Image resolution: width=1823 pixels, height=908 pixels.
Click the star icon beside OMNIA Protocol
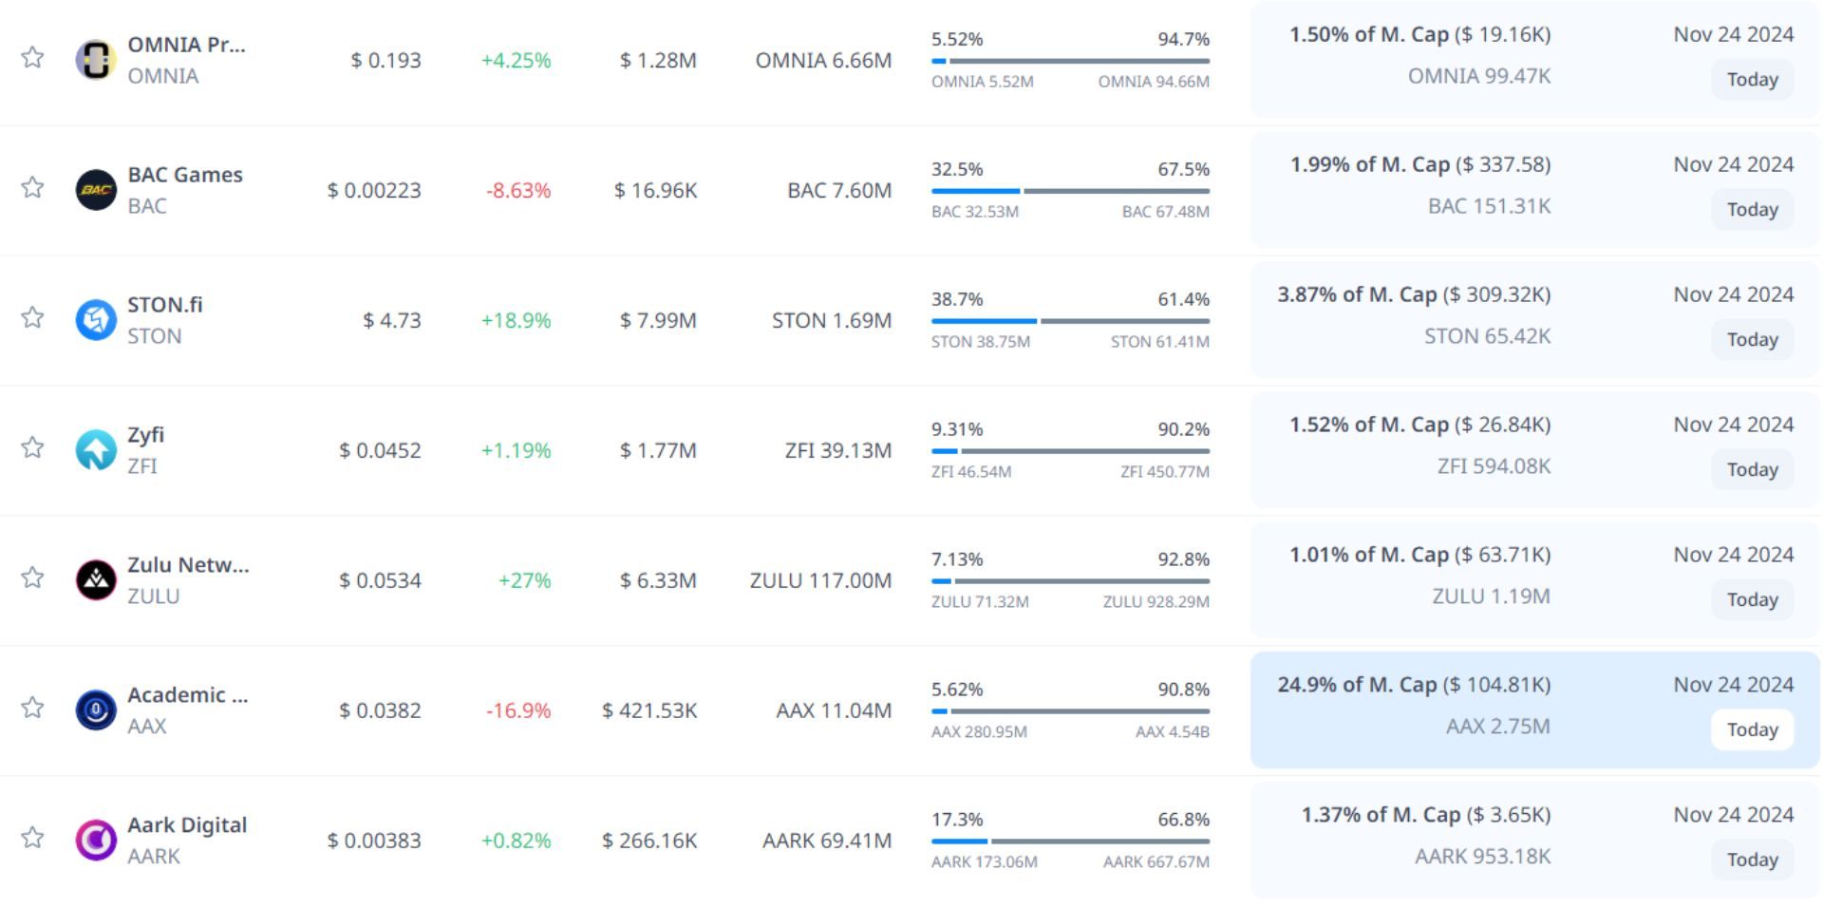pos(32,58)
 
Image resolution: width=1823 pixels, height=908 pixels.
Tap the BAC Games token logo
pos(96,189)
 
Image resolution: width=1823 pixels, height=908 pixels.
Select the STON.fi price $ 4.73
pos(391,321)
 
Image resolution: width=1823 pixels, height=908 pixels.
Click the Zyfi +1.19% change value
pos(516,450)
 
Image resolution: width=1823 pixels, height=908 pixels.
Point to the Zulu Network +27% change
pos(524,580)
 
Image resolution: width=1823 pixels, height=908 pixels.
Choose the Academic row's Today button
pos(1752,729)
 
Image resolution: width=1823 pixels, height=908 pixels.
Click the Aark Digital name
pos(187,824)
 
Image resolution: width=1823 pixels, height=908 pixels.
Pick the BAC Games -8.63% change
pos(518,190)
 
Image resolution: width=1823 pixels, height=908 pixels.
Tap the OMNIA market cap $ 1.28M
pos(658,61)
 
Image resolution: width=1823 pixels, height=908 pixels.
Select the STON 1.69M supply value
pos(832,321)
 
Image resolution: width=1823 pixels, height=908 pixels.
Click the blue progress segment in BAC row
pos(975,191)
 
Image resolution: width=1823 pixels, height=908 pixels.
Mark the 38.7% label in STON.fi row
pos(957,299)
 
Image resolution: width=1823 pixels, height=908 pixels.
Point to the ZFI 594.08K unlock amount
pos(1494,466)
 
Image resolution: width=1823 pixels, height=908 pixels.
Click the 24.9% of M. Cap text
pos(1357,685)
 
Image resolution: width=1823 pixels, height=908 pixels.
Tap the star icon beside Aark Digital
pos(32,838)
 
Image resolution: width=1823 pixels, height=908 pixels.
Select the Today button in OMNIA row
pos(1752,80)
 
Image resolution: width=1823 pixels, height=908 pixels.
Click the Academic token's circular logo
pos(96,709)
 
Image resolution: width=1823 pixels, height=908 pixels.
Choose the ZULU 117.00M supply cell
pos(820,580)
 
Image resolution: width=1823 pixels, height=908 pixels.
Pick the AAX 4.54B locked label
pos(1172,732)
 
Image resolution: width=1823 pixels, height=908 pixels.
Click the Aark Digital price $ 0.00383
pos(374,841)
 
